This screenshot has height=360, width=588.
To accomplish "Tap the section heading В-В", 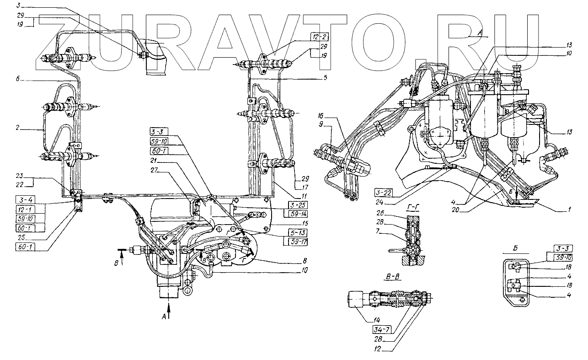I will pos(392,276).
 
